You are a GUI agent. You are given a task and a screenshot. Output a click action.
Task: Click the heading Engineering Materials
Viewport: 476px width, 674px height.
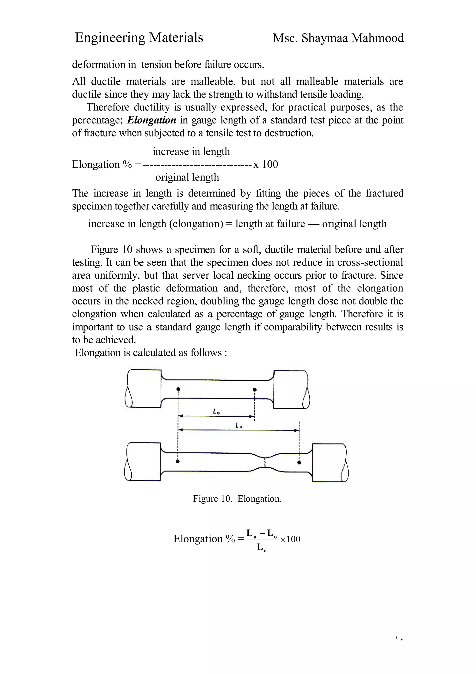click(139, 38)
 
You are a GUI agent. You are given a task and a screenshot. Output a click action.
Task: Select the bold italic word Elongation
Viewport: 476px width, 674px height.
click(152, 120)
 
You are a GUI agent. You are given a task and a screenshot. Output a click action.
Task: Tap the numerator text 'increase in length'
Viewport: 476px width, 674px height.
click(191, 151)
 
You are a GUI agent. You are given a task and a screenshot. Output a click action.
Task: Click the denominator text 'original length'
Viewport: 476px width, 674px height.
click(187, 177)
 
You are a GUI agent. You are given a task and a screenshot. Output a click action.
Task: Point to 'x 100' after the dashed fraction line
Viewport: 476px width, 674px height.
click(265, 164)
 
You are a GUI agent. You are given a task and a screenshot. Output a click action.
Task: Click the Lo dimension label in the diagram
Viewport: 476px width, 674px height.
click(216, 412)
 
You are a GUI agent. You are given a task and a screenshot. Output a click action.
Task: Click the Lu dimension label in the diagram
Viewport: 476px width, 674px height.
click(239, 425)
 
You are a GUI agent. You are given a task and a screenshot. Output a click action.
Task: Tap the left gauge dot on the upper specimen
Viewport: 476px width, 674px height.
click(178, 389)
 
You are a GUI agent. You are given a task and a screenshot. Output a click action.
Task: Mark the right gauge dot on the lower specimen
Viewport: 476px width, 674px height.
click(299, 462)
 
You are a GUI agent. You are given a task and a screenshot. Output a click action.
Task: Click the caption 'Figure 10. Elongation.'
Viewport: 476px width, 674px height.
click(237, 499)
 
